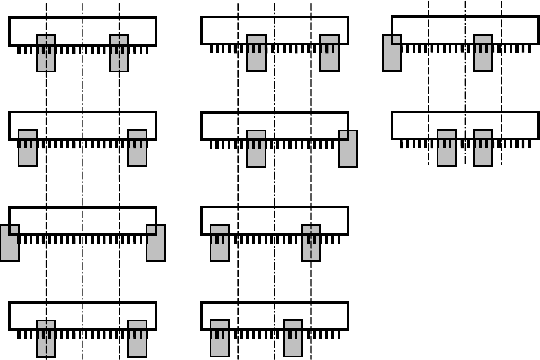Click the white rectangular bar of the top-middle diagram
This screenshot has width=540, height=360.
tap(275, 26)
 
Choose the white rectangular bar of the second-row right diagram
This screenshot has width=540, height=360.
tap(465, 121)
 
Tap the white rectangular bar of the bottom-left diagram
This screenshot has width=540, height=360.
tap(83, 311)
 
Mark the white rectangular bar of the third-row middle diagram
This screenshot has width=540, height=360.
tap(275, 216)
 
